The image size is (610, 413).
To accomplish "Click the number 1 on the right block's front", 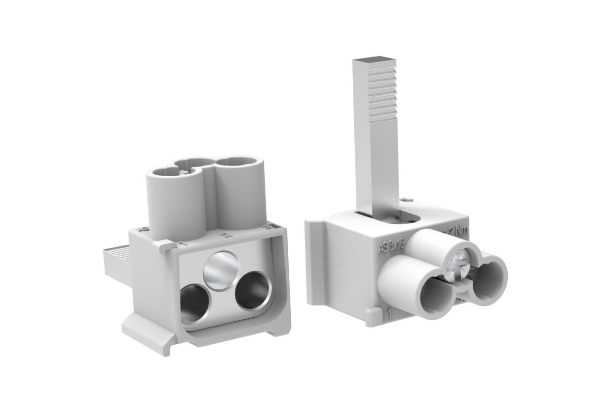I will tap(389, 313).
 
